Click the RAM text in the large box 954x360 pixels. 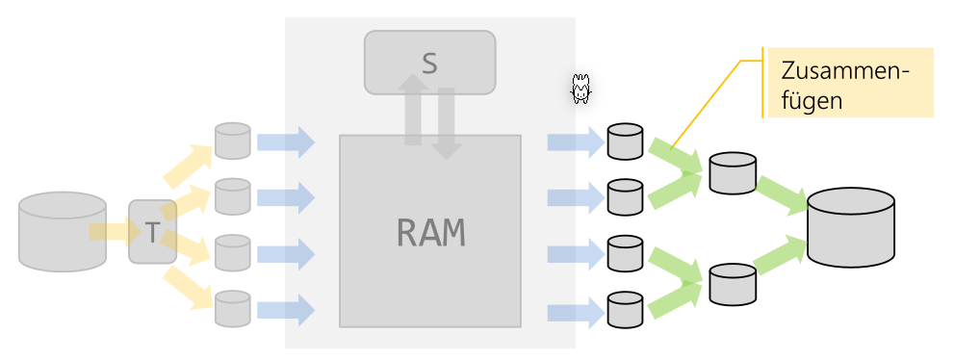coord(430,232)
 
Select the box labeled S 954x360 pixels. coord(429,63)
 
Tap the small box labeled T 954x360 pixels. coord(152,231)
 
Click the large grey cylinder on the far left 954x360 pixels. coord(63,231)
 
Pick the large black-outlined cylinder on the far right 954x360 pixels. coord(851,227)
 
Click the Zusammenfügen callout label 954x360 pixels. coord(847,83)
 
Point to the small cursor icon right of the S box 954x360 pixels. coord(580,90)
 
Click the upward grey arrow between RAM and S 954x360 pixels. coord(413,111)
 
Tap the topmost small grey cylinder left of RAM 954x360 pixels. coord(232,141)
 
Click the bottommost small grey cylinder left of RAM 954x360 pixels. coord(232,309)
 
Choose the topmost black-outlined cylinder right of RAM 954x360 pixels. coord(625,141)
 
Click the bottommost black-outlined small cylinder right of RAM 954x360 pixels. coord(625,310)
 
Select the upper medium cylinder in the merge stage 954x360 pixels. coord(732,171)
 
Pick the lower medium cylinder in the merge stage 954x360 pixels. coord(732,283)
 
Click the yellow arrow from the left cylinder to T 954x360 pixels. coord(109,232)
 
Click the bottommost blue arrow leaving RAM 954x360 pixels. coord(575,312)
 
